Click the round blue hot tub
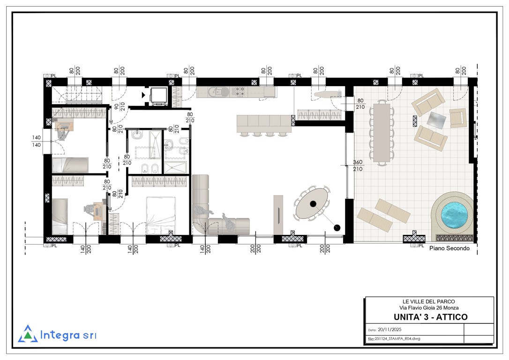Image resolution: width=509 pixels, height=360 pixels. [454, 215]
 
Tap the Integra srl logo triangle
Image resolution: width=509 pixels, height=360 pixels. [28, 334]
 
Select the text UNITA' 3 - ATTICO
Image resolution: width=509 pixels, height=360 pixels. [430, 317]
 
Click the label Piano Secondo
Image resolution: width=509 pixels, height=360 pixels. [449, 248]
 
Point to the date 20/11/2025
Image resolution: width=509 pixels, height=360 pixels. [389, 330]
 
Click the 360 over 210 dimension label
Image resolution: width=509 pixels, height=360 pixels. [358, 165]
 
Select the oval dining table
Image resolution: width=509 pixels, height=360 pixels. [311, 204]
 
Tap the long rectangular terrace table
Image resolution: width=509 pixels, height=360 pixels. [382, 133]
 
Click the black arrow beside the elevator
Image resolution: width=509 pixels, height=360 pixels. [143, 95]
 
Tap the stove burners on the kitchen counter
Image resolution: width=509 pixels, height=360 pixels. [240, 91]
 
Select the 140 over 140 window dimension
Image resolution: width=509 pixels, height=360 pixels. [37, 141]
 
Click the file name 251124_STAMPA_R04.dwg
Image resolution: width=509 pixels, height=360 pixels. [397, 338]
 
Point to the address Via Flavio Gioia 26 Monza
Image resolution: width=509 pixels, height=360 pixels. [429, 308]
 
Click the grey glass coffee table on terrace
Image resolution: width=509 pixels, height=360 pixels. [437, 120]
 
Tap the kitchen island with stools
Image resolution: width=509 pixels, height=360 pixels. [264, 124]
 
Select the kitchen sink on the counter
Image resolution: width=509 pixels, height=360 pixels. [217, 92]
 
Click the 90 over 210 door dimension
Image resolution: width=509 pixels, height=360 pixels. [120, 106]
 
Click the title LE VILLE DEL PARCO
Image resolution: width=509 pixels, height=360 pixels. [429, 301]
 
